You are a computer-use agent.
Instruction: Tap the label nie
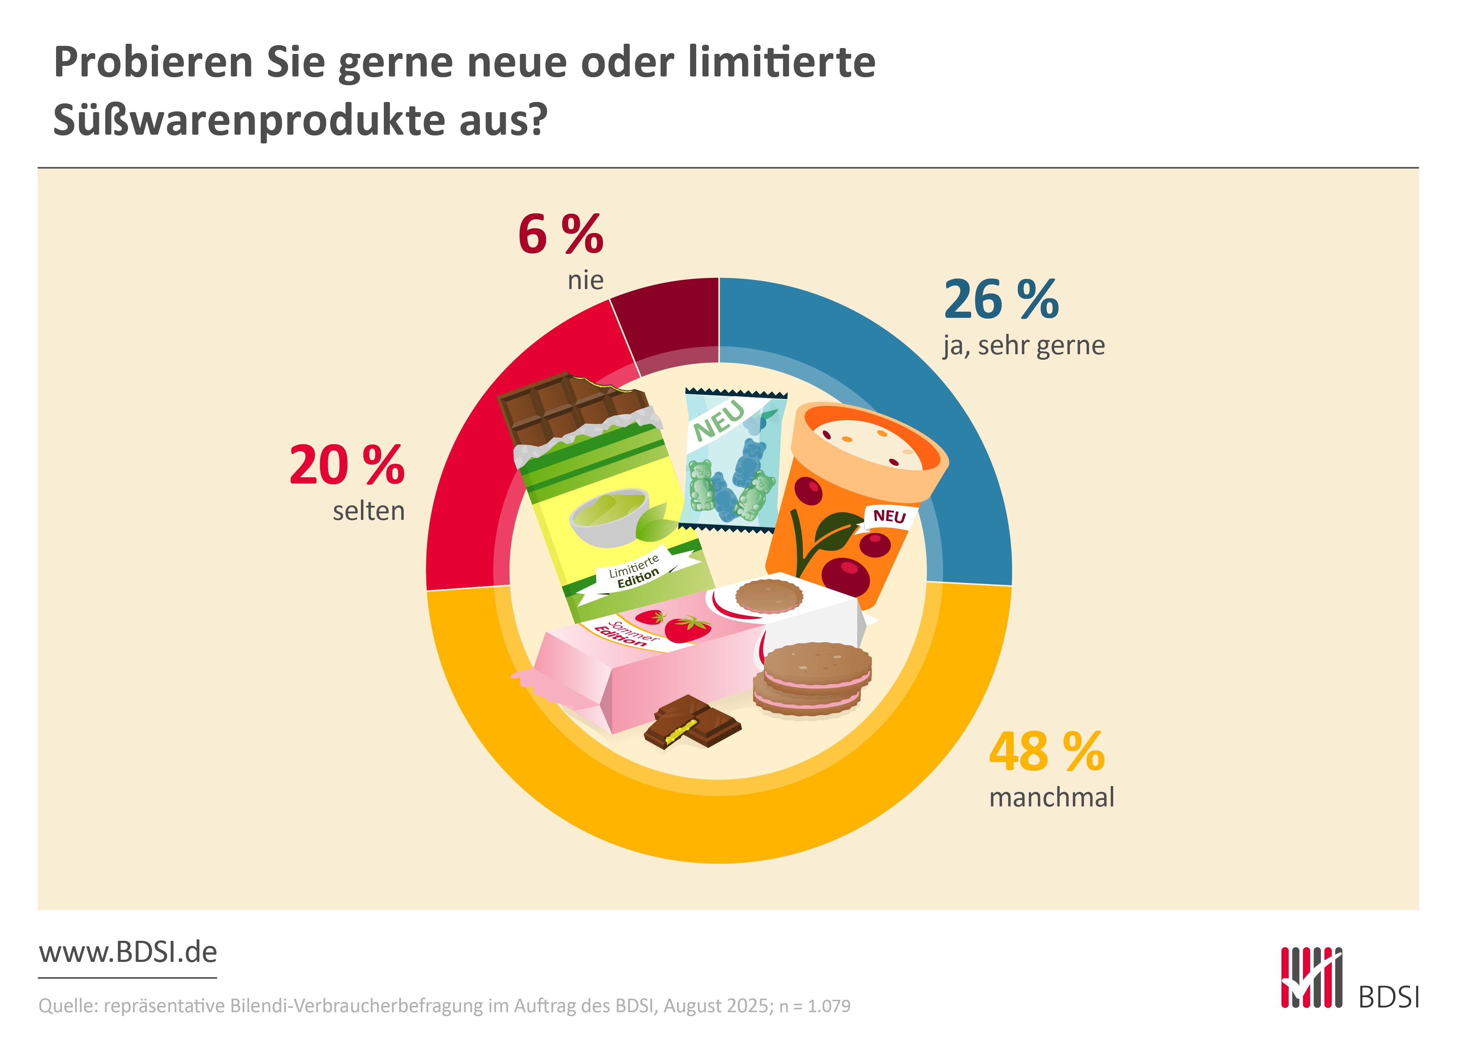tap(585, 280)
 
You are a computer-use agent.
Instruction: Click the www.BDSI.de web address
tap(128, 952)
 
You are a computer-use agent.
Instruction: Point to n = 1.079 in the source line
tap(815, 1006)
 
